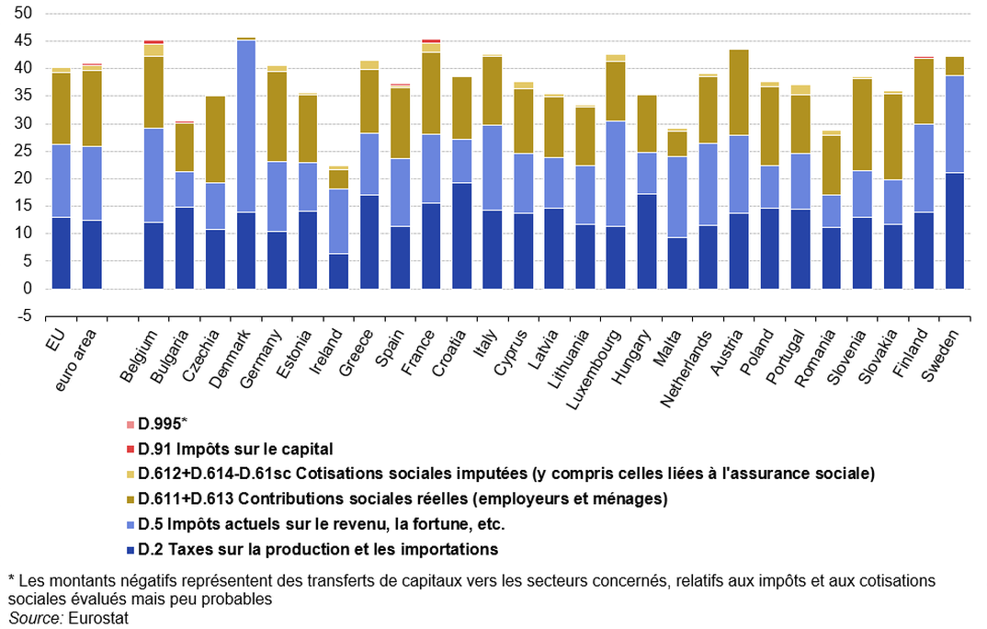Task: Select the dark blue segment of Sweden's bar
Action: pos(955,231)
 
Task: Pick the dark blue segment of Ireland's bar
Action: pos(339,271)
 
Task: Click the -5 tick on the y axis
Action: pos(24,316)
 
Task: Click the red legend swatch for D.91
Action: pos(130,449)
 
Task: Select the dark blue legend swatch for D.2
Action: pos(130,550)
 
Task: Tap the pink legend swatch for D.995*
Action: pos(130,424)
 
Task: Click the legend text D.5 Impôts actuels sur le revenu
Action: pos(322,524)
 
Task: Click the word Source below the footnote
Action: pos(35,618)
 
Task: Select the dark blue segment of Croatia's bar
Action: pos(462,235)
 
